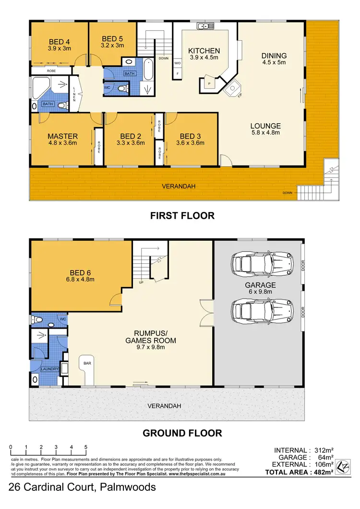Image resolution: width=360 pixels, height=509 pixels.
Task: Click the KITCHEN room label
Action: pyautogui.click(x=204, y=51)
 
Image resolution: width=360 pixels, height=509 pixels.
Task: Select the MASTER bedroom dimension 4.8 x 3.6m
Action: pyautogui.click(x=62, y=142)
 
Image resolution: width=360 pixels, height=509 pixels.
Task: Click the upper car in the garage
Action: pyautogui.click(x=262, y=263)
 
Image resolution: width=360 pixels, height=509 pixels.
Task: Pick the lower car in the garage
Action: pyautogui.click(x=262, y=306)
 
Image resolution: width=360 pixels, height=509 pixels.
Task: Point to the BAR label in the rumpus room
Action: pyautogui.click(x=87, y=364)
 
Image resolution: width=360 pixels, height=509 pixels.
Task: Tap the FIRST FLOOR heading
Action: pyautogui.click(x=182, y=216)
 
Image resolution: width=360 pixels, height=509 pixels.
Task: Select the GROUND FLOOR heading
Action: pyautogui.click(x=182, y=433)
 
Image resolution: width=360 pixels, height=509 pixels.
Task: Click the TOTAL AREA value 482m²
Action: pyautogui.click(x=321, y=473)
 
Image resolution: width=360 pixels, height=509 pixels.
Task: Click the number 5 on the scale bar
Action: pyautogui.click(x=85, y=447)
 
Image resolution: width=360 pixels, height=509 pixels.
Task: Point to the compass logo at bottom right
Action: pyautogui.click(x=343, y=465)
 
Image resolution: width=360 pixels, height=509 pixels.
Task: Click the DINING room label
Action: pyautogui.click(x=274, y=56)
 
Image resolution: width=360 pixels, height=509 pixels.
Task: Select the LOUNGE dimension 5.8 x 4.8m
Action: pyautogui.click(x=265, y=133)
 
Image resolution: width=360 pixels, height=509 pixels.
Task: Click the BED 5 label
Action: pyautogui.click(x=113, y=39)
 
